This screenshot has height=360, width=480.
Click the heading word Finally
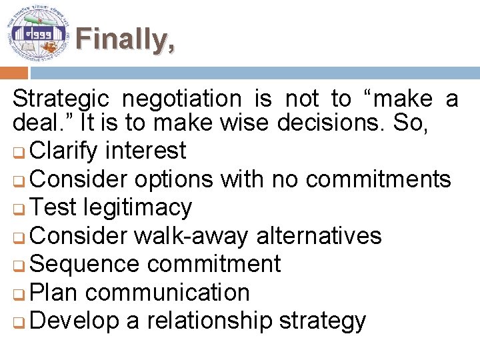click(x=125, y=40)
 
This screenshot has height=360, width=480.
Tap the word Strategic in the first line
click(x=60, y=99)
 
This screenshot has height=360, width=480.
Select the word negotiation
click(x=181, y=99)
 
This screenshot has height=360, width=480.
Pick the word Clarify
click(x=63, y=151)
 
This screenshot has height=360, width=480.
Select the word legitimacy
click(x=138, y=207)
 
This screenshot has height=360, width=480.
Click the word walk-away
click(x=191, y=235)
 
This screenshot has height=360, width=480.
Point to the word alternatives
click(x=319, y=235)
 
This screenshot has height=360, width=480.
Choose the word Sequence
click(x=84, y=264)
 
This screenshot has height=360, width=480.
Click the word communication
click(x=167, y=292)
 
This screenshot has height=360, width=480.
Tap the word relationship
click(x=209, y=321)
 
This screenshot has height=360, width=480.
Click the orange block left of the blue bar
click(x=13, y=73)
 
